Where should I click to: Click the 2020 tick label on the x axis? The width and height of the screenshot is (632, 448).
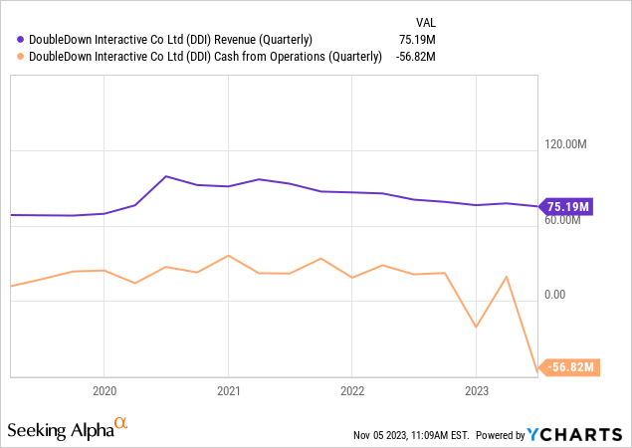pos(105,391)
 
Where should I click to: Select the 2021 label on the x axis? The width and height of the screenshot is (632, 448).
pos(229,391)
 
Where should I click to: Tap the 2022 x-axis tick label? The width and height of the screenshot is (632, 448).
pos(352,391)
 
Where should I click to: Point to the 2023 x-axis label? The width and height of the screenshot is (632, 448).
pos(477,391)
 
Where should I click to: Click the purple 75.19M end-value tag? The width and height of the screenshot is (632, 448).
pos(569,207)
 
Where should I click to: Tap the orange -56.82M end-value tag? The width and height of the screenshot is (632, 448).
pos(571,367)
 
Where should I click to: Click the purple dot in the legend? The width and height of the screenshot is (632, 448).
pos(21,40)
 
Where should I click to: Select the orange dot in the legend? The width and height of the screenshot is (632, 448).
pos(21,57)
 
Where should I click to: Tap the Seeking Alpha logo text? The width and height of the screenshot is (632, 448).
pos(59,431)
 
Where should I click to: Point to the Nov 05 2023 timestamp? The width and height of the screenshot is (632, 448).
pos(411,435)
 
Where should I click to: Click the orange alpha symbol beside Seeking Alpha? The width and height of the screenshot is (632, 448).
pos(121,424)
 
